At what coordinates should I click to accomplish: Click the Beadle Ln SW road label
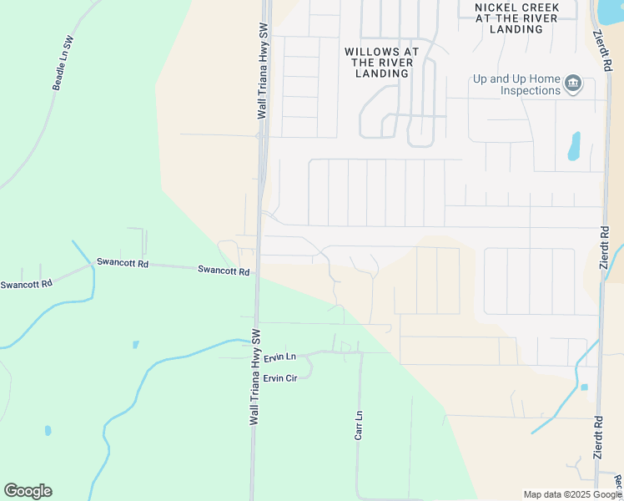[63, 63]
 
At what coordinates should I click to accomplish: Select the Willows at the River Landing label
[382, 63]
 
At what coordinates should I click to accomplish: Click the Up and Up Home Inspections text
[516, 84]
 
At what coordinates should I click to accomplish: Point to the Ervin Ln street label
[280, 357]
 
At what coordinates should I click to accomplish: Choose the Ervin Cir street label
[280, 378]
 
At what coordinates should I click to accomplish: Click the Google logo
[28, 491]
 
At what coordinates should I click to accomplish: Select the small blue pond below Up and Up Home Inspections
[574, 146]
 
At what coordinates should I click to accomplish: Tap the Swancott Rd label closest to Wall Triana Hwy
[224, 271]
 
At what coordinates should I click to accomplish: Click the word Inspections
[525, 90]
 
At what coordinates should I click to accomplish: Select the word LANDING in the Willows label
[382, 73]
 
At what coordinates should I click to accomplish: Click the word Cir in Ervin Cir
[291, 378]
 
